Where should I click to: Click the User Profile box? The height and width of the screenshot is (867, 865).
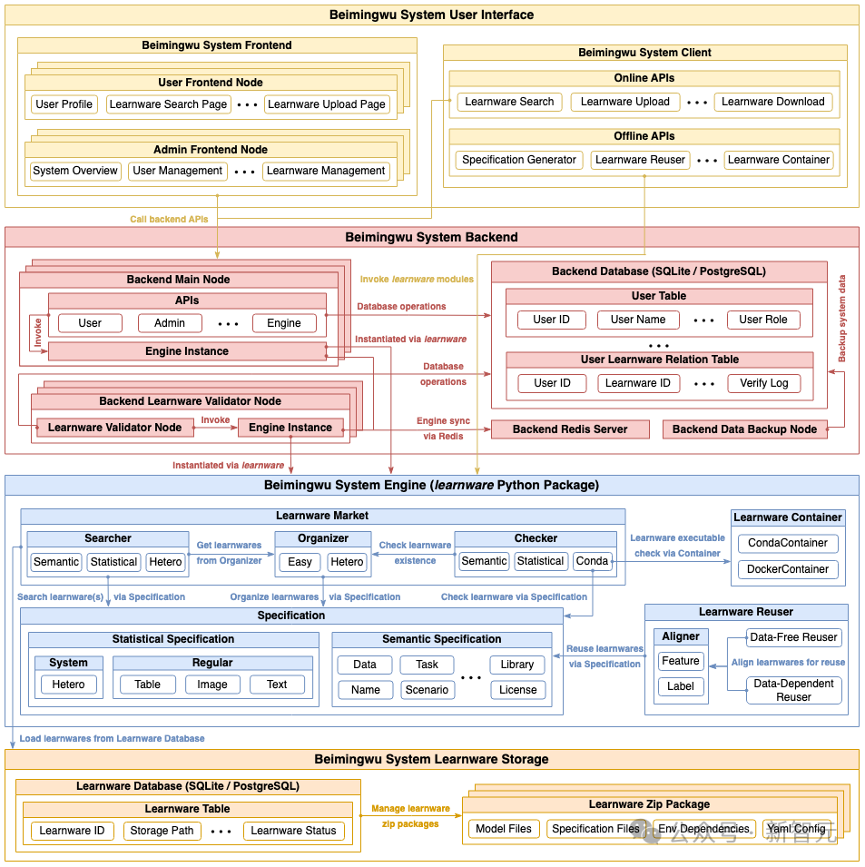point(64,104)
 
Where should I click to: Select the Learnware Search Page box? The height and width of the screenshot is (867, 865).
point(168,104)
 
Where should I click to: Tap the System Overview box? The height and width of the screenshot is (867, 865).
point(75,171)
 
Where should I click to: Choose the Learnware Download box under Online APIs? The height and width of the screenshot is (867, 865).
point(772,102)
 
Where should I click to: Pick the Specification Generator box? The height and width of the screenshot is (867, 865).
point(518,160)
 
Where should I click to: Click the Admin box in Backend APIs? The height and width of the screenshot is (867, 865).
point(170,323)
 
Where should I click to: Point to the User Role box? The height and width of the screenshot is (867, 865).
point(763,320)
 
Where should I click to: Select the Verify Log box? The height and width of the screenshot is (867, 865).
point(763,383)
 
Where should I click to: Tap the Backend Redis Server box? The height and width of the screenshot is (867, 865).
point(570,429)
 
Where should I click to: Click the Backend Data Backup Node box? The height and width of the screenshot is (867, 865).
point(744,429)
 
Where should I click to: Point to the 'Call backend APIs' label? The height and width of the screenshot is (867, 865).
point(169,219)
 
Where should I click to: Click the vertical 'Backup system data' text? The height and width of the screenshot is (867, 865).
point(842,319)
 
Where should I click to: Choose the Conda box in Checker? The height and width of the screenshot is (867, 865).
point(592,561)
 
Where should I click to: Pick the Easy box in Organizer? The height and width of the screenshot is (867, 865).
point(300,562)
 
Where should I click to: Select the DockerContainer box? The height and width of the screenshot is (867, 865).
point(787,569)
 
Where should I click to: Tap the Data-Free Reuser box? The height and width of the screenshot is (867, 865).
point(794,637)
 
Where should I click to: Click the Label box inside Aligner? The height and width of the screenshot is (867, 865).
point(681,686)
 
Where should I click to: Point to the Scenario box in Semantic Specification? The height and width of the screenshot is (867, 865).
point(427,690)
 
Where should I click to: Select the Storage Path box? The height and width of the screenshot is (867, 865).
point(162,831)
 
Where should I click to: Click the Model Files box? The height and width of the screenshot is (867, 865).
point(504,829)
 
